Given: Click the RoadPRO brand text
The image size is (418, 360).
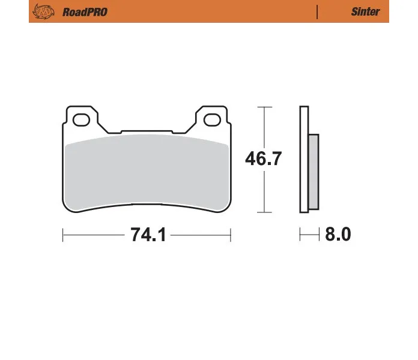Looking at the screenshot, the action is coord(85,12).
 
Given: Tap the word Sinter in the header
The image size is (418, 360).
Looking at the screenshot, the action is coord(365,12).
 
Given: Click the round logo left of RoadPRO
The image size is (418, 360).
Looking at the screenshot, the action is coord(43,11).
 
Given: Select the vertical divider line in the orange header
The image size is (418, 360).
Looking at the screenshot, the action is coord(317,12).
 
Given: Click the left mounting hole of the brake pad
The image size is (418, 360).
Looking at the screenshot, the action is coord(81,120).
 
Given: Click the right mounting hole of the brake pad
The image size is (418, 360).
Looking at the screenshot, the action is coord(212,120).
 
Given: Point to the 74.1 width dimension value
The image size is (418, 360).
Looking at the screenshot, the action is coord(148,235).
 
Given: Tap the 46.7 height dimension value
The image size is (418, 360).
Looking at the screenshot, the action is coord(264,158).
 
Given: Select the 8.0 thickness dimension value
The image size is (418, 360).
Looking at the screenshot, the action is coord(338,235).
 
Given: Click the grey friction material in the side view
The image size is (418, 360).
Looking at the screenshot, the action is coord(313,172).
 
